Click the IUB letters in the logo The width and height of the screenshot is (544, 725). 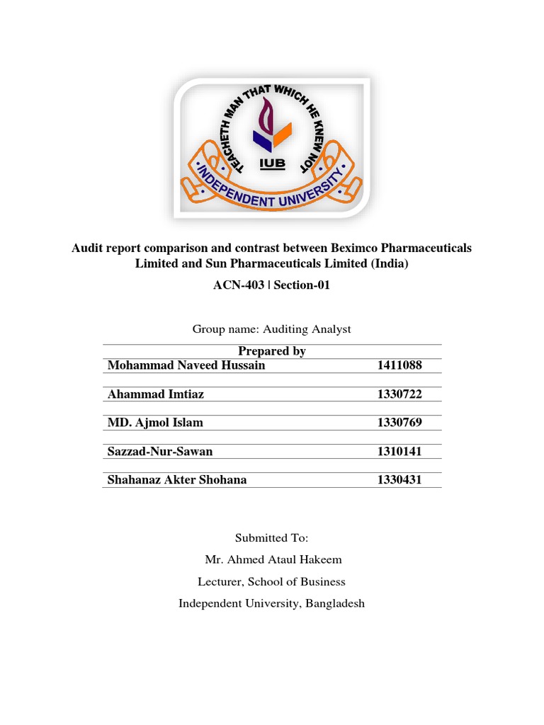(271, 164)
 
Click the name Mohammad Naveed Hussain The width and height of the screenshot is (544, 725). (186, 365)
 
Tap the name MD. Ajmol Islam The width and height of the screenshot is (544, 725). (154, 423)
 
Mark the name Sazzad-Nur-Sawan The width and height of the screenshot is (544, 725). (159, 451)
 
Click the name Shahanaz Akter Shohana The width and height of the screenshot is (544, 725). (176, 480)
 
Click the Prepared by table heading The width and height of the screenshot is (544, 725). (272, 351)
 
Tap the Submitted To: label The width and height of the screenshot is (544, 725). (272, 538)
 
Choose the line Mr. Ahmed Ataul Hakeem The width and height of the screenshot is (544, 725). (273, 560)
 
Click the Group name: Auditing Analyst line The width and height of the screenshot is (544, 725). (272, 329)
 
